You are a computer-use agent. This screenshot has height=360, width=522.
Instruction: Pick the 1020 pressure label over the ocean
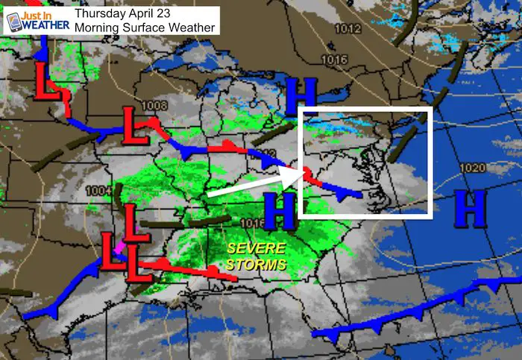[x=473, y=168]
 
